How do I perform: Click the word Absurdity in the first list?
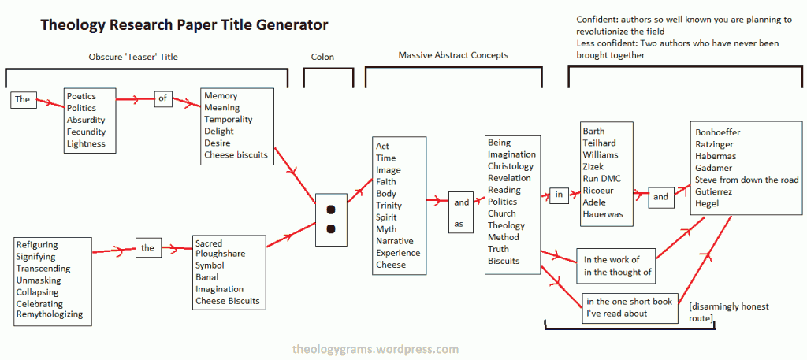pyautogui.click(x=85, y=120)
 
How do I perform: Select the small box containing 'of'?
pyautogui.click(x=162, y=98)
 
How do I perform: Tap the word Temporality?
pyautogui.click(x=228, y=119)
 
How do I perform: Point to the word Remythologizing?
pyautogui.click(x=50, y=314)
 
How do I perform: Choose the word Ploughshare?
pyautogui.click(x=221, y=254)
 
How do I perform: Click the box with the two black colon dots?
pyautogui.click(x=331, y=220)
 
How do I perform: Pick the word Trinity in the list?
pyautogui.click(x=389, y=206)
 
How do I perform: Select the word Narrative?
pyautogui.click(x=394, y=241)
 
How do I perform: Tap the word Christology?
pyautogui.click(x=511, y=166)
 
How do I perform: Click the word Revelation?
pyautogui.click(x=509, y=178)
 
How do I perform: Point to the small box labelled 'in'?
pyautogui.click(x=559, y=195)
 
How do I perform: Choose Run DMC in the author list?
pyautogui.click(x=601, y=179)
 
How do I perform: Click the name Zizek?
pyautogui.click(x=593, y=167)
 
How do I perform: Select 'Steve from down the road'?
pyautogui.click(x=747, y=180)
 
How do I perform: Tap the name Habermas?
pyautogui.click(x=716, y=156)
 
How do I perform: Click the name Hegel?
pyautogui.click(x=707, y=204)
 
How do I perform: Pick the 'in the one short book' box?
pyautogui.click(x=630, y=307)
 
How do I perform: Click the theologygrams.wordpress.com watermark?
pyautogui.click(x=375, y=350)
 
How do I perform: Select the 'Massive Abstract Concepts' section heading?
pyautogui.click(x=453, y=55)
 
